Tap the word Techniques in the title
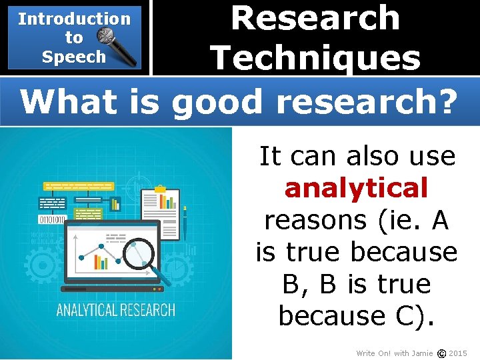(315, 57)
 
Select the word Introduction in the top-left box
(74, 19)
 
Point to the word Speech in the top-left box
(74, 57)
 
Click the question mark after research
(448, 102)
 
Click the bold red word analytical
(356, 189)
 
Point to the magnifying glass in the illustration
(143, 256)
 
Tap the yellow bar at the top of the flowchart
(78, 186)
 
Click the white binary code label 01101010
(53, 219)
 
